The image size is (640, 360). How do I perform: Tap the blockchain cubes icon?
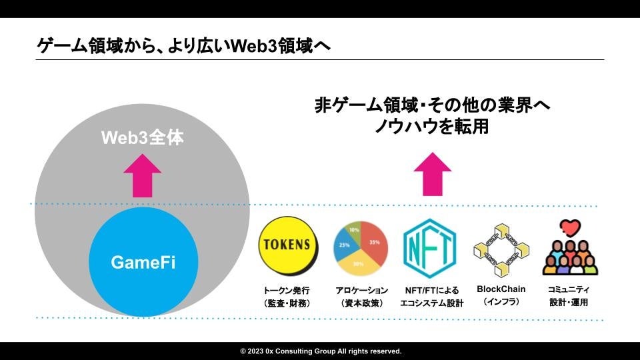point(501,250)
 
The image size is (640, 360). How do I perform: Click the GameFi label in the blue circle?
point(145,262)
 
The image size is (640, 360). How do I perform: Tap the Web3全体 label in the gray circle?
point(142,138)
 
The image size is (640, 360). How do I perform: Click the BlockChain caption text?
point(501,289)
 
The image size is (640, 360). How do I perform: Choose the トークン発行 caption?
point(287,291)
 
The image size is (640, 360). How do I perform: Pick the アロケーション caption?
point(361,291)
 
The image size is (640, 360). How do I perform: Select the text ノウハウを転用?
point(431,127)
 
